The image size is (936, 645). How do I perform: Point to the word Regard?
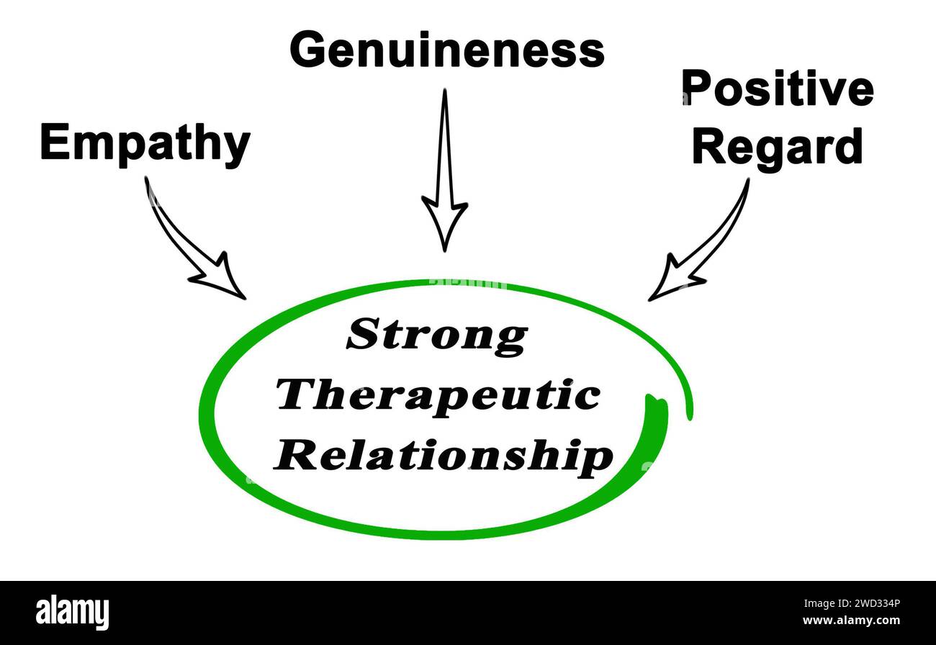(x=777, y=146)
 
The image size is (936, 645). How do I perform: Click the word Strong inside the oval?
(x=437, y=335)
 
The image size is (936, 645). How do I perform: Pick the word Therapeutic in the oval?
(x=439, y=395)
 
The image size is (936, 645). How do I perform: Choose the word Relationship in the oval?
(x=444, y=456)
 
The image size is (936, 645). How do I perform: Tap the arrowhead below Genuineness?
(x=444, y=225)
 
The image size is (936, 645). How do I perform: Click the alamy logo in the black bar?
(x=72, y=613)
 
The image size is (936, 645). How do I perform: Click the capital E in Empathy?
(x=55, y=143)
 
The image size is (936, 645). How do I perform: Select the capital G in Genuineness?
(x=309, y=50)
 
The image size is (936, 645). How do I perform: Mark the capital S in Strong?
(x=363, y=335)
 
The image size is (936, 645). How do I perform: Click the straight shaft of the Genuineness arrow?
(x=445, y=144)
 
